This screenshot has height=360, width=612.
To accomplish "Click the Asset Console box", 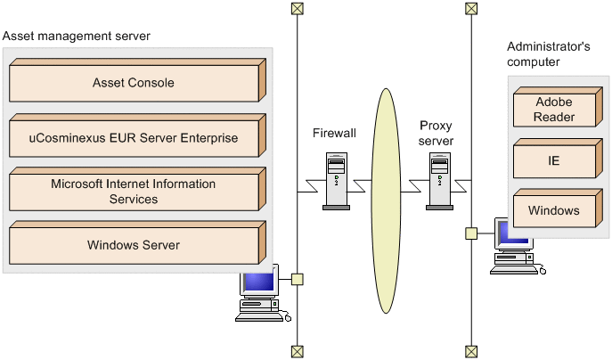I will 134,83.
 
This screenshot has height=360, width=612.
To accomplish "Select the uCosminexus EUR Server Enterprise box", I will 134,138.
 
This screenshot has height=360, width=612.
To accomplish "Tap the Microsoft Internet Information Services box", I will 134,192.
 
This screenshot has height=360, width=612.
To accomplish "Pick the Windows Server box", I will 134,245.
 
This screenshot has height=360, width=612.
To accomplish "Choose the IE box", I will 554,160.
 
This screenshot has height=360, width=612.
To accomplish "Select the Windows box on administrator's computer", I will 554,211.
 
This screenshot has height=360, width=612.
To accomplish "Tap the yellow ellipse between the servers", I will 387,178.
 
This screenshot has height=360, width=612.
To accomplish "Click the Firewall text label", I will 334,133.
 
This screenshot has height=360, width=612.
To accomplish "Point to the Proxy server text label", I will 437,134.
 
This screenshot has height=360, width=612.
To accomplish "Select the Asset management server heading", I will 77,36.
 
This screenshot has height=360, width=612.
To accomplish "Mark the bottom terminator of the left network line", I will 297,351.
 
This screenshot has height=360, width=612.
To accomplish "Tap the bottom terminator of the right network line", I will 470,351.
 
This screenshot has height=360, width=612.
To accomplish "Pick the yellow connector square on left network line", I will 297,280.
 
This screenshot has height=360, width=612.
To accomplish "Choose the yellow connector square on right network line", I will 470,233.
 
